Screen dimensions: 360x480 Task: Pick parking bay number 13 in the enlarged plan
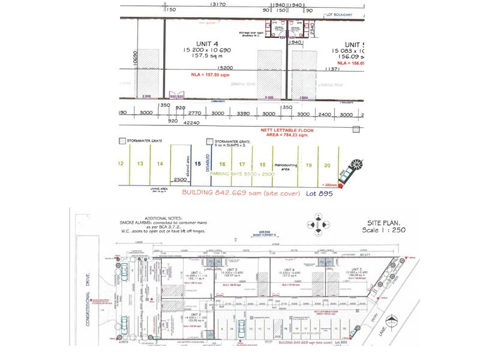140,163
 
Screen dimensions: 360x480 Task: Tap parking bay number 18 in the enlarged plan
262,164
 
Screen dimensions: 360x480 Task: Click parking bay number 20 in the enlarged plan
327,165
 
